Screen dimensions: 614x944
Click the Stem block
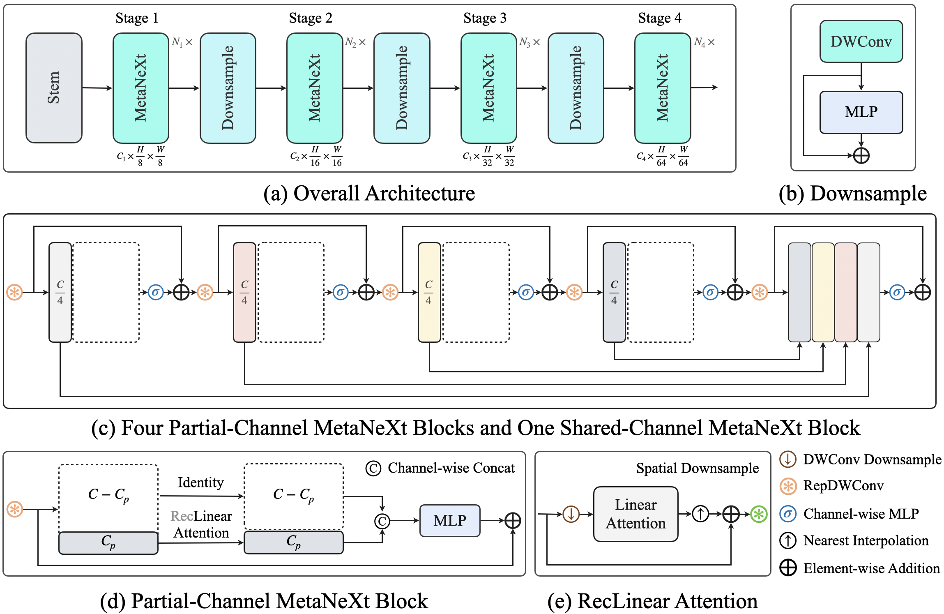pos(54,88)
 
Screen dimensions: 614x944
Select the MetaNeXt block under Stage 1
pos(141,88)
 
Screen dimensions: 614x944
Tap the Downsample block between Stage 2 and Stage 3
pos(402,88)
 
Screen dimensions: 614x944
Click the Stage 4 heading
pos(659,18)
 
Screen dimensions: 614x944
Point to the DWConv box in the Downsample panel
pos(861,42)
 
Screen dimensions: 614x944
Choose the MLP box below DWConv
pos(861,112)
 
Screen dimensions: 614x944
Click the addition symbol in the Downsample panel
pos(861,155)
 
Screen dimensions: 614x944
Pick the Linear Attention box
pos(635,514)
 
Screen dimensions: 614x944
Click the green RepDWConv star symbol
pos(759,514)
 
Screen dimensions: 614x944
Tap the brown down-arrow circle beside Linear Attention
pos(571,514)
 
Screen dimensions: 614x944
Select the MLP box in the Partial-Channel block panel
pos(450,521)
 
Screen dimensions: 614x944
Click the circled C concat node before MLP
pos(382,521)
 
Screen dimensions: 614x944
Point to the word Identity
pos(200,482)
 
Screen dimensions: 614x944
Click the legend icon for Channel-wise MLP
pos(788,514)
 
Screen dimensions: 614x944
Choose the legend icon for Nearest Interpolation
pos(788,540)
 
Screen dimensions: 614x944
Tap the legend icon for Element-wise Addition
pos(788,568)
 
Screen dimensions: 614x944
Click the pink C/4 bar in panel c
pos(244,292)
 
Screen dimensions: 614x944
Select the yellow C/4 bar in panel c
pos(429,292)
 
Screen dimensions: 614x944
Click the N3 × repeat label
pos(530,42)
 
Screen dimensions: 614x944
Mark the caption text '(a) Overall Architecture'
pos(369,193)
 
